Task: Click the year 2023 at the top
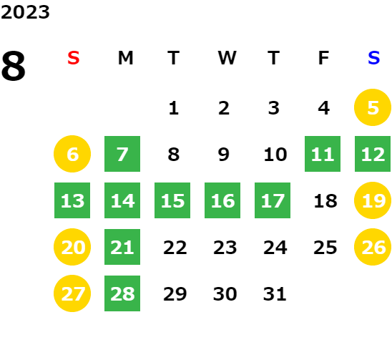click(x=25, y=12)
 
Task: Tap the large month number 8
click(x=14, y=66)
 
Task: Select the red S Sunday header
click(x=74, y=58)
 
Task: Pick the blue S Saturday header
click(x=373, y=58)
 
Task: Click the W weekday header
click(x=227, y=58)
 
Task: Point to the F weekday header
click(x=323, y=58)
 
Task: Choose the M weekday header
click(x=125, y=58)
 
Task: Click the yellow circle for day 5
click(x=373, y=107)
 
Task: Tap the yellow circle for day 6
click(x=72, y=154)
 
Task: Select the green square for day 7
click(x=122, y=154)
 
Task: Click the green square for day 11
click(x=323, y=154)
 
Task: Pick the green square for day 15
click(x=172, y=200)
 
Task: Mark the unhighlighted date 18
click(x=325, y=200)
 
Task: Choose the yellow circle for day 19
click(x=373, y=200)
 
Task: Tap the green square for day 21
click(x=122, y=247)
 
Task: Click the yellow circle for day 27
click(x=72, y=293)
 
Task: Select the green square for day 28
click(x=122, y=293)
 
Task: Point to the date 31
click(x=275, y=293)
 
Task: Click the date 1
click(x=174, y=108)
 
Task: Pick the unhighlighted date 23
click(x=225, y=247)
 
